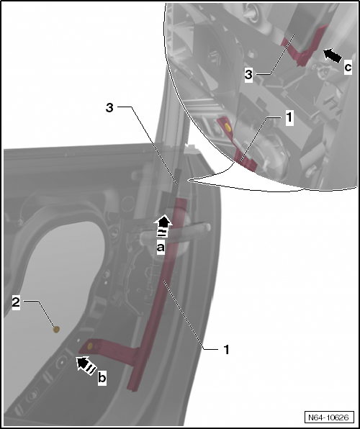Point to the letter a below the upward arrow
(x=162, y=247)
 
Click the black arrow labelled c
(x=333, y=54)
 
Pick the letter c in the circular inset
(x=348, y=67)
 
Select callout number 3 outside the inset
(x=109, y=107)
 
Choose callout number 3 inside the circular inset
(x=248, y=74)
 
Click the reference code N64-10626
(x=329, y=417)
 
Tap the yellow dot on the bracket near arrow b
(x=91, y=346)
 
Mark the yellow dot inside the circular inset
(x=227, y=127)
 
